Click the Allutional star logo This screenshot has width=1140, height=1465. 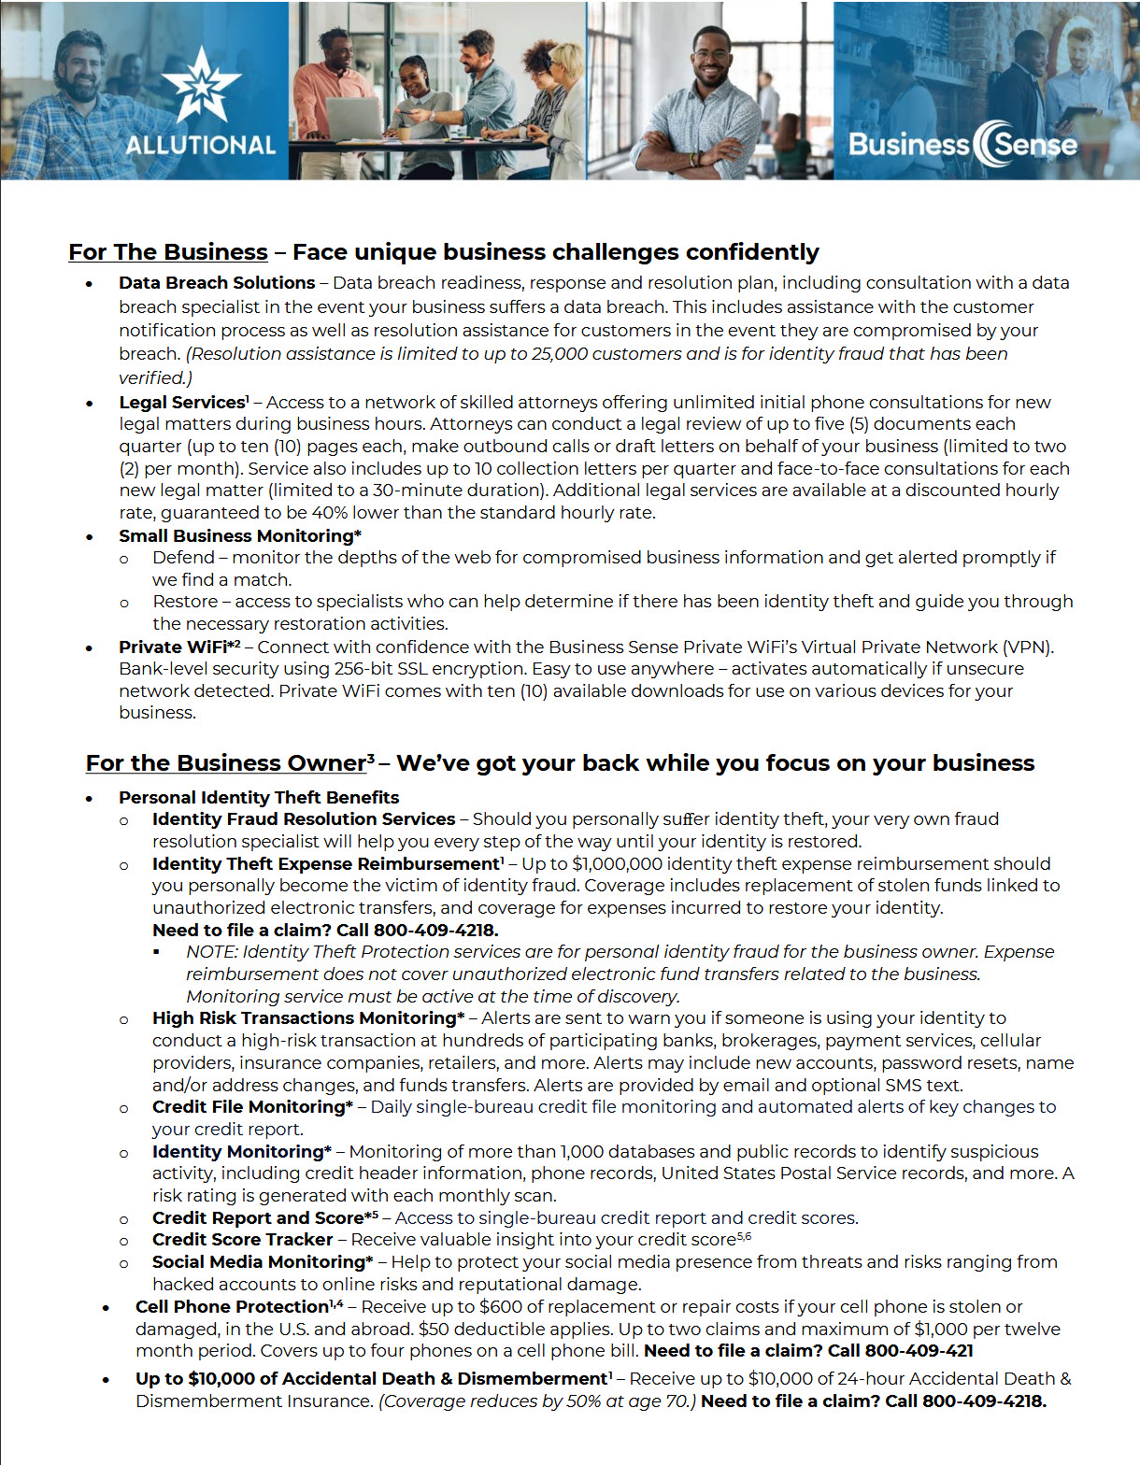201,86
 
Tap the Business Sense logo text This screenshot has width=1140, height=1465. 962,145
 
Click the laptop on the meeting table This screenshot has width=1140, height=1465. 353,119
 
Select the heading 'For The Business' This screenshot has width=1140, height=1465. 168,252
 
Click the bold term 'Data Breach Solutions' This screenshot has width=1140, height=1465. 217,283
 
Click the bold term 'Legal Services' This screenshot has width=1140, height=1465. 181,403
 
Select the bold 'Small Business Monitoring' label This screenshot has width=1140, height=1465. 237,536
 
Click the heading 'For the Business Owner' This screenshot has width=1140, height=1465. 226,763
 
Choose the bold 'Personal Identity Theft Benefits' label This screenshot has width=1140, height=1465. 259,798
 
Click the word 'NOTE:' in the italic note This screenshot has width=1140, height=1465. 212,952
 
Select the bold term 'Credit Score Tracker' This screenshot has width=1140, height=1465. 242,1240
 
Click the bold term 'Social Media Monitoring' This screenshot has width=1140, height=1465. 259,1262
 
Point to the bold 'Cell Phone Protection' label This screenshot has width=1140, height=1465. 232,1307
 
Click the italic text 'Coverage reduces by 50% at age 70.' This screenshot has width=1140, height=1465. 537,1401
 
